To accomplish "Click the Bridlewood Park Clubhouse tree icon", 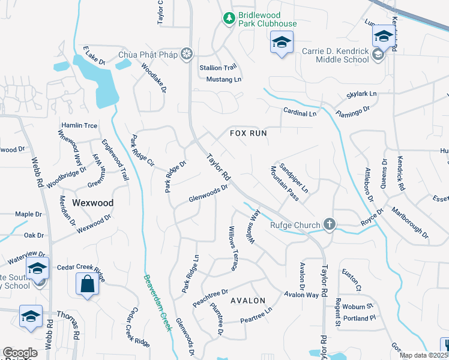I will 228,19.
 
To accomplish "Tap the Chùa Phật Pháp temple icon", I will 187,55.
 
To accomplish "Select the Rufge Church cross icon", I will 329,225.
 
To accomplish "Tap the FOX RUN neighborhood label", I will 248,133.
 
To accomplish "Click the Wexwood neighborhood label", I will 92,203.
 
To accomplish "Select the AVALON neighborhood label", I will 247,300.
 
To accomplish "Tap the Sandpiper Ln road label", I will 294,178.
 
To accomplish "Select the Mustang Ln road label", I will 223,79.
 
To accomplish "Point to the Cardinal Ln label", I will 300,113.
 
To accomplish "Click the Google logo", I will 20,353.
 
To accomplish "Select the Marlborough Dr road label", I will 410,223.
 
